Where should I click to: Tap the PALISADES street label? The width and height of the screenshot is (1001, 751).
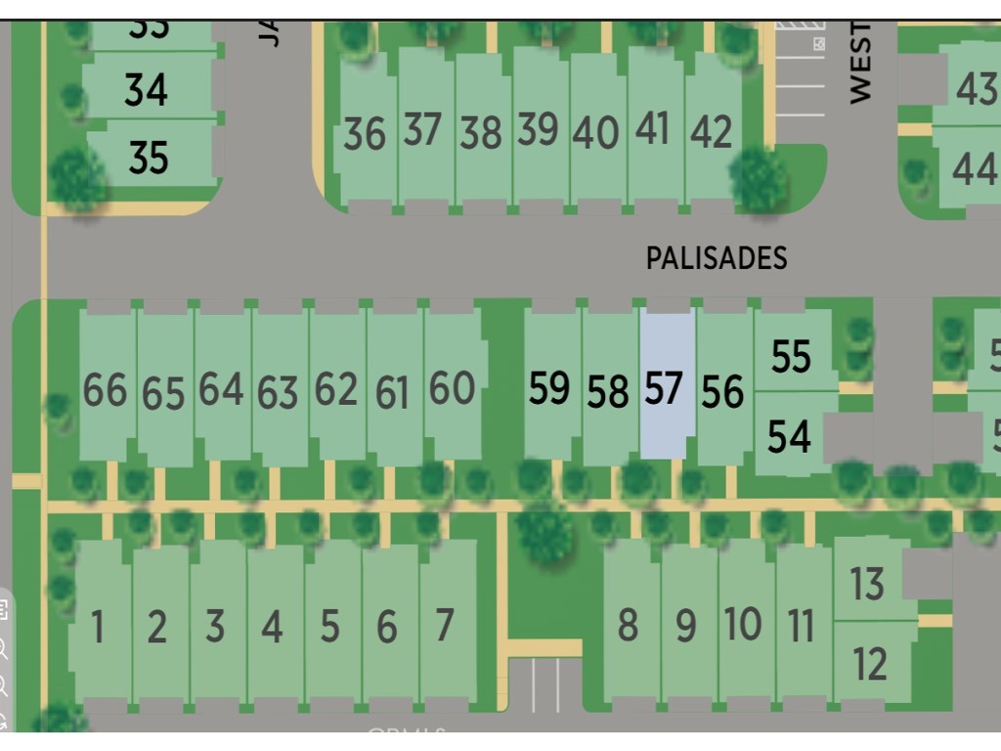(716, 258)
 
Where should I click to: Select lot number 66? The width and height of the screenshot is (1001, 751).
(105, 390)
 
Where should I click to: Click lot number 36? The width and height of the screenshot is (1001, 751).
(365, 134)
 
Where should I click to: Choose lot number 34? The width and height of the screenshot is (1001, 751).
(146, 91)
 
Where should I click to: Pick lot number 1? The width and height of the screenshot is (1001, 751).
(98, 627)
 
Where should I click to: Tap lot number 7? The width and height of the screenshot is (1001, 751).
(445, 625)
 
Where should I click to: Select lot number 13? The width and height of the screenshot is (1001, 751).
(867, 584)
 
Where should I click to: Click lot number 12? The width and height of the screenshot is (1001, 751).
(869, 664)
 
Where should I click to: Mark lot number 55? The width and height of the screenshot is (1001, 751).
(791, 357)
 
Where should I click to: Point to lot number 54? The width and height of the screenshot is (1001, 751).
(789, 436)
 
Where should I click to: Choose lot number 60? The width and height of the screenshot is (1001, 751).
(452, 389)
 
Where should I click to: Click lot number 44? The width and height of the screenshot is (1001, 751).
(974, 169)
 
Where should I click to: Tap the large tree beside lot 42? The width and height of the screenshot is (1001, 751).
(758, 179)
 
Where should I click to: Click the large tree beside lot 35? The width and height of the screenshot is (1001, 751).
(77, 179)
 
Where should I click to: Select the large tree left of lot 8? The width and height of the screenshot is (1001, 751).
(544, 532)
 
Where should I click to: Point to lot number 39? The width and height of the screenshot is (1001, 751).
(537, 130)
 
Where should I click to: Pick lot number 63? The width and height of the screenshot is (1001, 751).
(278, 392)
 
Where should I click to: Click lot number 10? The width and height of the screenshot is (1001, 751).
(743, 624)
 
